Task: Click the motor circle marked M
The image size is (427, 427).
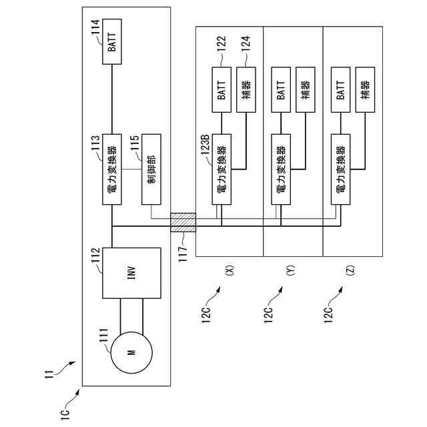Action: pos(131,352)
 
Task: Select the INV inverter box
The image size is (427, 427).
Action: pos(131,273)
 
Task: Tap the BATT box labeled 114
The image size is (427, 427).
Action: pos(112,41)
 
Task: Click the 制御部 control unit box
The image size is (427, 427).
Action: pos(151,169)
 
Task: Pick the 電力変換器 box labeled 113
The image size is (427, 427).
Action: pos(112,169)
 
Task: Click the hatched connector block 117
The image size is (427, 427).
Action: pos(183,222)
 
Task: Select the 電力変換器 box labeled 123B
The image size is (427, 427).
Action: pos(222,169)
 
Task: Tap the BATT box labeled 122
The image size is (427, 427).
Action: pos(222,89)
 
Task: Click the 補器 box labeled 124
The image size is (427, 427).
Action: pos(246,89)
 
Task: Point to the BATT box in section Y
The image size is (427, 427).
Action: pos(281,89)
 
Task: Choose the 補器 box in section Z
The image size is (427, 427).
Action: pos(365,89)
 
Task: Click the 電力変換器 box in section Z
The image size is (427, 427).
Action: pos(341,169)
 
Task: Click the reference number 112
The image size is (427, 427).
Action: pos(95,255)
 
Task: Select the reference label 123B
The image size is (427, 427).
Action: pos(205,145)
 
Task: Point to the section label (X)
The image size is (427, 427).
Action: pos(230,271)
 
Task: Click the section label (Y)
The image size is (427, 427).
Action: pos(291,271)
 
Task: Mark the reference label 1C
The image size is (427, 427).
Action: pos(65,415)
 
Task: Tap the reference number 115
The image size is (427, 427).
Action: pos(135,143)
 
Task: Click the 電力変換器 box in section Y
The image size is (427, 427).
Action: pos(281,169)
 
